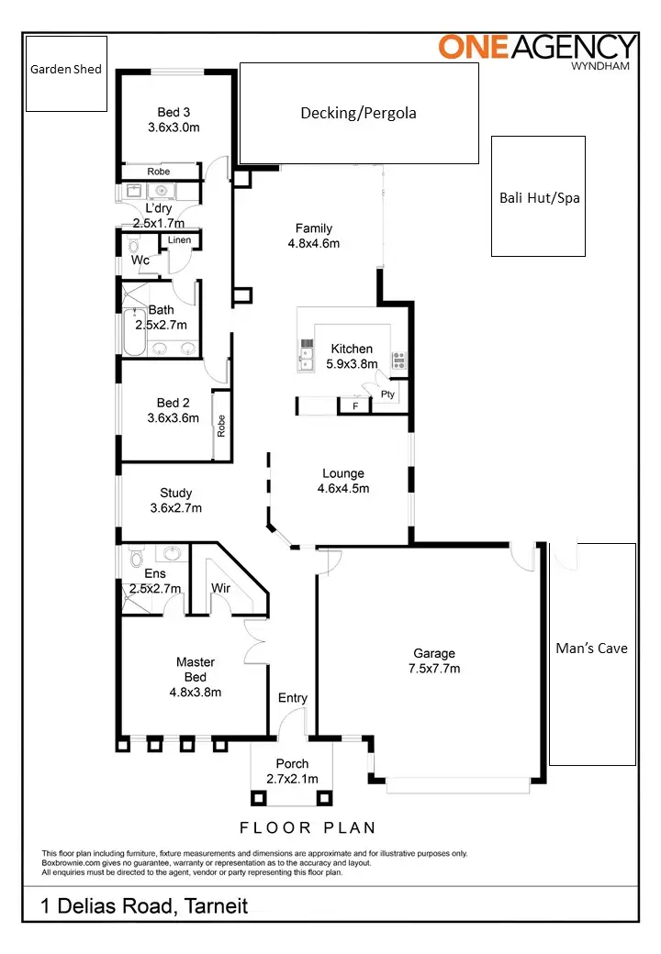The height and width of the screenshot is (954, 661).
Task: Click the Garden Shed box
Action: (66, 73)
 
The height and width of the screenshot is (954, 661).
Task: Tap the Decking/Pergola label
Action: (358, 113)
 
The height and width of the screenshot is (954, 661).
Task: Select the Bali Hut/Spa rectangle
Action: (539, 196)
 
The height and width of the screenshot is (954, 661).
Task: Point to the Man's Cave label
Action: (591, 648)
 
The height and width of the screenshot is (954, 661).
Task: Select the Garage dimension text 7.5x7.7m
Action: (434, 669)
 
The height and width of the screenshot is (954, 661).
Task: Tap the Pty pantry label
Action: (388, 394)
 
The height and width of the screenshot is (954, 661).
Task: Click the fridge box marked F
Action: (354, 405)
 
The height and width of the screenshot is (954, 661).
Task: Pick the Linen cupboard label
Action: (179, 240)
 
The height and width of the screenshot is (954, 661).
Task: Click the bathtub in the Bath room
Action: (130, 333)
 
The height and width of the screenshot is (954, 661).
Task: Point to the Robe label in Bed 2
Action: (221, 426)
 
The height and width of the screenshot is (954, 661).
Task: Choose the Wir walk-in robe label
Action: (220, 588)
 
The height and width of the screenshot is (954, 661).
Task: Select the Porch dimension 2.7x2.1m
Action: (292, 779)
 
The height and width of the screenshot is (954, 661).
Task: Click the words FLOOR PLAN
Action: (308, 827)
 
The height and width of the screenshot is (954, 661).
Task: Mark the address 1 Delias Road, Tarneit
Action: (144, 906)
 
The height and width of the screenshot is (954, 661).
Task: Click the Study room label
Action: (175, 493)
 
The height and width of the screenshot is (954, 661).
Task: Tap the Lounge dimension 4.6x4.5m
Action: (342, 489)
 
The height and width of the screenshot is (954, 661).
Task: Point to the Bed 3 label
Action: (174, 112)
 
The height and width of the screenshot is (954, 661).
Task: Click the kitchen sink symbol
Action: (306, 353)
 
